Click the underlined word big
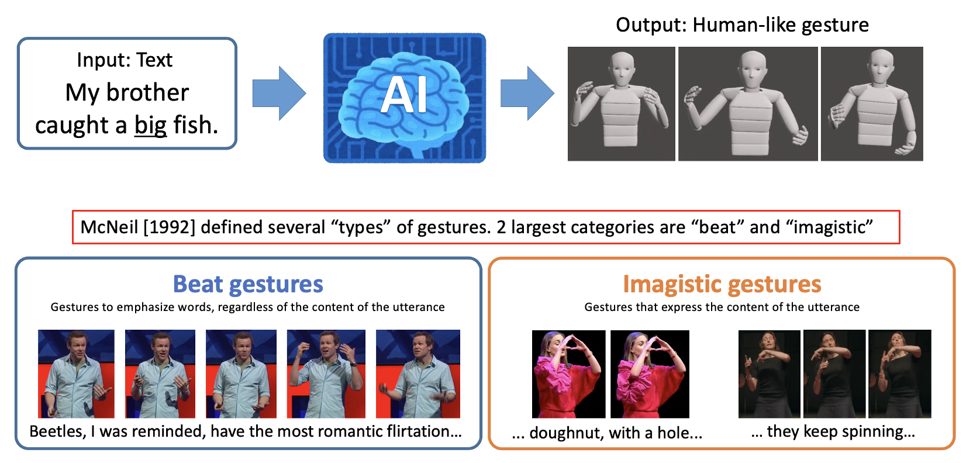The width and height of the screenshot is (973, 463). click(x=150, y=126)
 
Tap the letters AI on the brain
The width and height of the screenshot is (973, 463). click(x=404, y=95)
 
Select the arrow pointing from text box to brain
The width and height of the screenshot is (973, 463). click(x=280, y=94)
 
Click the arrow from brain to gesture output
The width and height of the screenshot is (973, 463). click(x=527, y=94)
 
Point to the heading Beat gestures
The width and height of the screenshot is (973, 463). click(x=248, y=285)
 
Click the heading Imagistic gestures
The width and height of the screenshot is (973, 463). click(x=722, y=285)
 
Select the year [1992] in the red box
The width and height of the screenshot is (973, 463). click(x=170, y=227)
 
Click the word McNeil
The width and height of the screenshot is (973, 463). click(x=109, y=227)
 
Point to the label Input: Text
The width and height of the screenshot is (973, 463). click(x=125, y=60)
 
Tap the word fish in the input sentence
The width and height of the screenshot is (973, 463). click(x=195, y=125)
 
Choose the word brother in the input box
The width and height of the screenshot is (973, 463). click(x=147, y=92)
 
